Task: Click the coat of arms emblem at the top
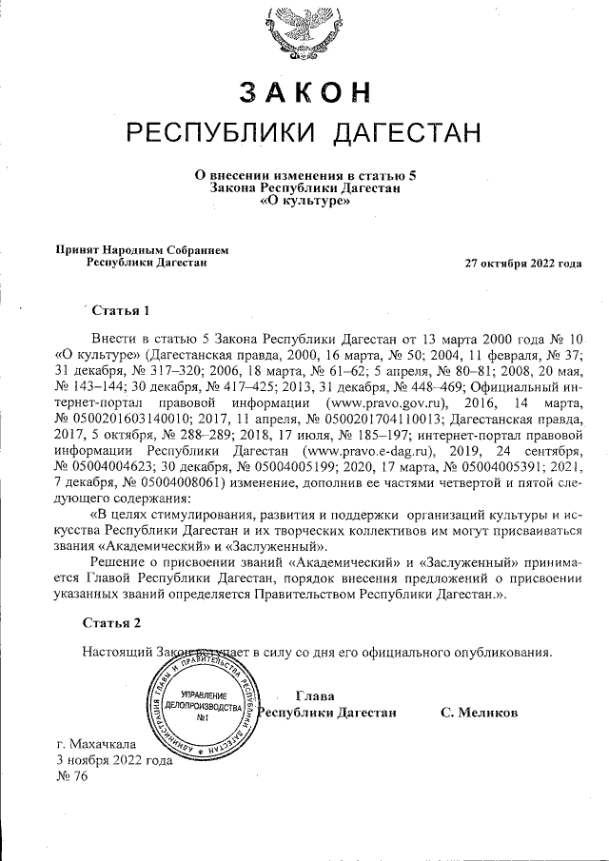(x=304, y=29)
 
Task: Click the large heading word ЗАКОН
(x=304, y=90)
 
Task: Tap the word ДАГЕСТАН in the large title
(x=405, y=132)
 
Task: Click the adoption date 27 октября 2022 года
(x=522, y=263)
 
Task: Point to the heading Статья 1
(x=121, y=311)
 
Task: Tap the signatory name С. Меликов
(x=479, y=713)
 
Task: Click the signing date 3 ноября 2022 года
(x=114, y=760)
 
